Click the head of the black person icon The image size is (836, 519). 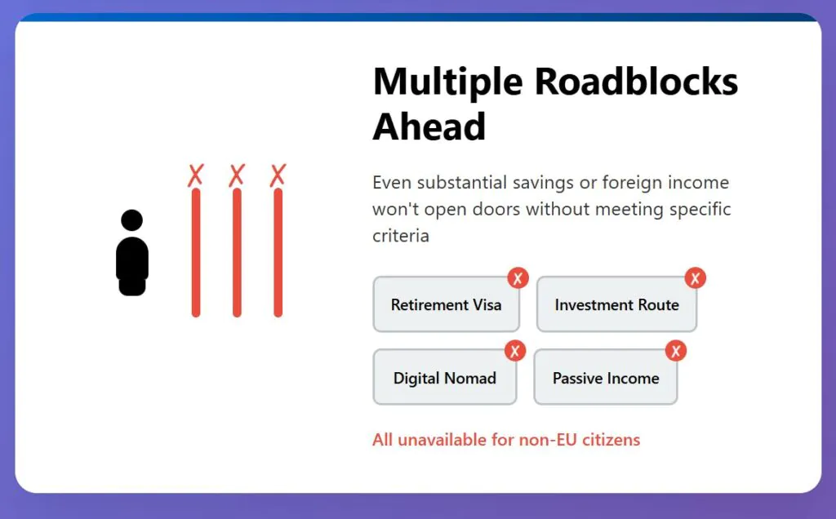tap(131, 220)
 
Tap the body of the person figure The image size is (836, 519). tap(132, 266)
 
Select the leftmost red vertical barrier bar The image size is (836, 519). tap(196, 253)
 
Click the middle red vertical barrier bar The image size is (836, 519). tap(237, 253)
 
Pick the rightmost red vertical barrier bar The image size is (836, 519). tap(278, 253)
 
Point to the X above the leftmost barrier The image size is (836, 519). tap(196, 175)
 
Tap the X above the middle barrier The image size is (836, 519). tap(237, 175)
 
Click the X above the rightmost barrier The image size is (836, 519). tap(278, 175)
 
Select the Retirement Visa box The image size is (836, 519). tap(447, 304)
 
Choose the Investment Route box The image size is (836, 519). tap(617, 304)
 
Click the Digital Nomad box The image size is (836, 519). tap(445, 377)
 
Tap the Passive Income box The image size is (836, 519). tap(606, 377)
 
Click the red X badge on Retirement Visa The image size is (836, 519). tap(518, 277)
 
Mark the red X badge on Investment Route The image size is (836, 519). tap(696, 277)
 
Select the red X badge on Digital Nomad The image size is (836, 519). tap(515, 351)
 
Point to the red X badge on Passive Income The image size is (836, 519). tap(676, 351)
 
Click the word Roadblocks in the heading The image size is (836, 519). tap(636, 82)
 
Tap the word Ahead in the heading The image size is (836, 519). tap(429, 126)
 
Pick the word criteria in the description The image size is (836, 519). tap(401, 236)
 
